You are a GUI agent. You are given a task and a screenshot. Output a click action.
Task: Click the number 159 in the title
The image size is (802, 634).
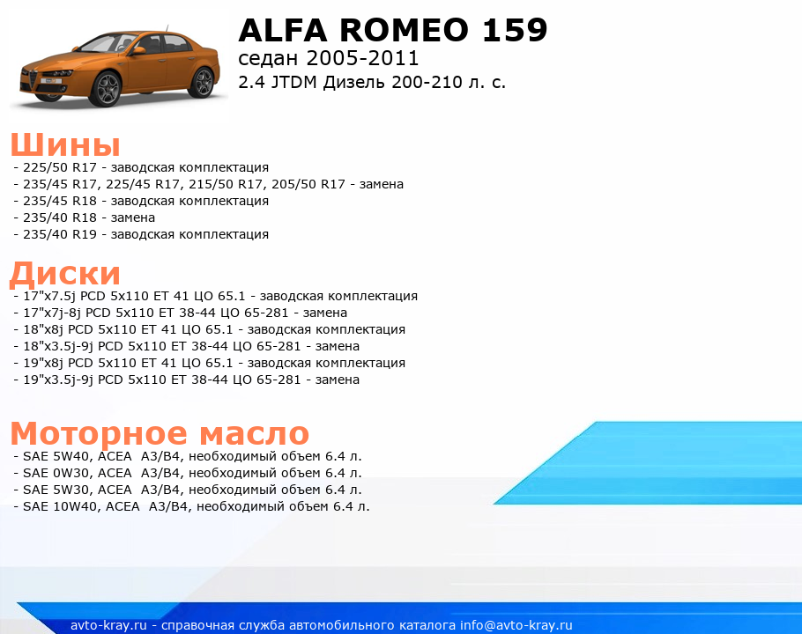point(515,30)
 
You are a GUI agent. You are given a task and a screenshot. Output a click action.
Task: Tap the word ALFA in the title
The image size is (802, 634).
point(282,30)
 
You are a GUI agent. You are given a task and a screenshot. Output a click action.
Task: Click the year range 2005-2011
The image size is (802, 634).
point(362,58)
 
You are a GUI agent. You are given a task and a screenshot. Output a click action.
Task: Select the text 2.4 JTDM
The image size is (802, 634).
point(278,82)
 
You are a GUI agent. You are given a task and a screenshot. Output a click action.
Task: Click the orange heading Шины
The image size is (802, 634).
point(65,144)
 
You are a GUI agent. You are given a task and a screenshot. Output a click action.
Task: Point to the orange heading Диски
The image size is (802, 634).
point(65,273)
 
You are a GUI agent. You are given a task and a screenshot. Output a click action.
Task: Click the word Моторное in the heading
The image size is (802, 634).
point(100,433)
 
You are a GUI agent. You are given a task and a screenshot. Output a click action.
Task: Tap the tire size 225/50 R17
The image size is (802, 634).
point(60,167)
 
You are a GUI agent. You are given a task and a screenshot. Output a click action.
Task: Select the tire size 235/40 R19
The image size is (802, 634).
point(60,234)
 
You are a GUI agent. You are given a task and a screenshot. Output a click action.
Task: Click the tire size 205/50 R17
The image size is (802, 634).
point(308,184)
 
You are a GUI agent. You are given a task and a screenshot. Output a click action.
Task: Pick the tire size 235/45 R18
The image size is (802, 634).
point(60,202)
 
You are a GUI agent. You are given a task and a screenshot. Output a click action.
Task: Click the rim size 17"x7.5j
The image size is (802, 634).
point(49,297)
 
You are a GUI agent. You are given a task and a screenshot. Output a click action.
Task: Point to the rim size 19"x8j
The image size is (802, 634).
point(43,364)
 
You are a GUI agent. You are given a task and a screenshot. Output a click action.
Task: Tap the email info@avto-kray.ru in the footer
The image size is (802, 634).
point(516,625)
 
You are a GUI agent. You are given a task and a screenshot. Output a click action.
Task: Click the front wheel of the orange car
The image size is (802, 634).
point(106,89)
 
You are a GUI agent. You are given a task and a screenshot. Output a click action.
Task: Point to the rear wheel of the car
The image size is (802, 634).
point(202,83)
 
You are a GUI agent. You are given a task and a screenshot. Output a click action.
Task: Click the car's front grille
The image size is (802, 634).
point(33,79)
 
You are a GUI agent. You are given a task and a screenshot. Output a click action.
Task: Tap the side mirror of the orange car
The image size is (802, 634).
point(138,50)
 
